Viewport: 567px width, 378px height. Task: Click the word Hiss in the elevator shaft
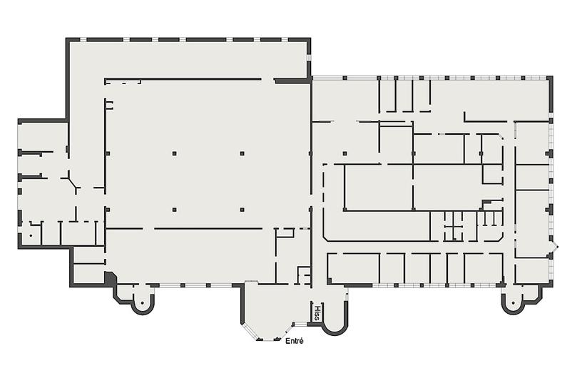[317, 313]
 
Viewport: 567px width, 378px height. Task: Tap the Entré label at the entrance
[295, 341]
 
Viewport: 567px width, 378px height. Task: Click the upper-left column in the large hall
[174, 153]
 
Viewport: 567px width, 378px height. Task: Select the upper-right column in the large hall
[242, 153]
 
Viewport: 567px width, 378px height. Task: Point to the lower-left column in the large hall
[174, 210]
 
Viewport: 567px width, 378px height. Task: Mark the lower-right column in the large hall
[242, 210]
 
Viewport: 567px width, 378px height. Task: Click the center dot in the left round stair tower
[143, 303]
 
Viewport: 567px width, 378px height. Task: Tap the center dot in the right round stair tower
[513, 303]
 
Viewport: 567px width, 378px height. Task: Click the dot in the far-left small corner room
[31, 236]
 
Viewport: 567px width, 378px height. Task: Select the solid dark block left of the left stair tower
[109, 279]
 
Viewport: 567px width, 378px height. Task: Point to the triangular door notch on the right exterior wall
[554, 247]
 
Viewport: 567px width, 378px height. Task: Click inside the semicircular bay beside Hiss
[334, 314]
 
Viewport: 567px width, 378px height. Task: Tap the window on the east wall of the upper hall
[309, 58]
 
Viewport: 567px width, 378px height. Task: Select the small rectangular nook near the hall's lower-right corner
[305, 275]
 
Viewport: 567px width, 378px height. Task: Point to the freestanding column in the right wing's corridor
[344, 153]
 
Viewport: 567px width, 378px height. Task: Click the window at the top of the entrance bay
[251, 282]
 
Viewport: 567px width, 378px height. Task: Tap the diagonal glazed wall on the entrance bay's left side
[248, 332]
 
